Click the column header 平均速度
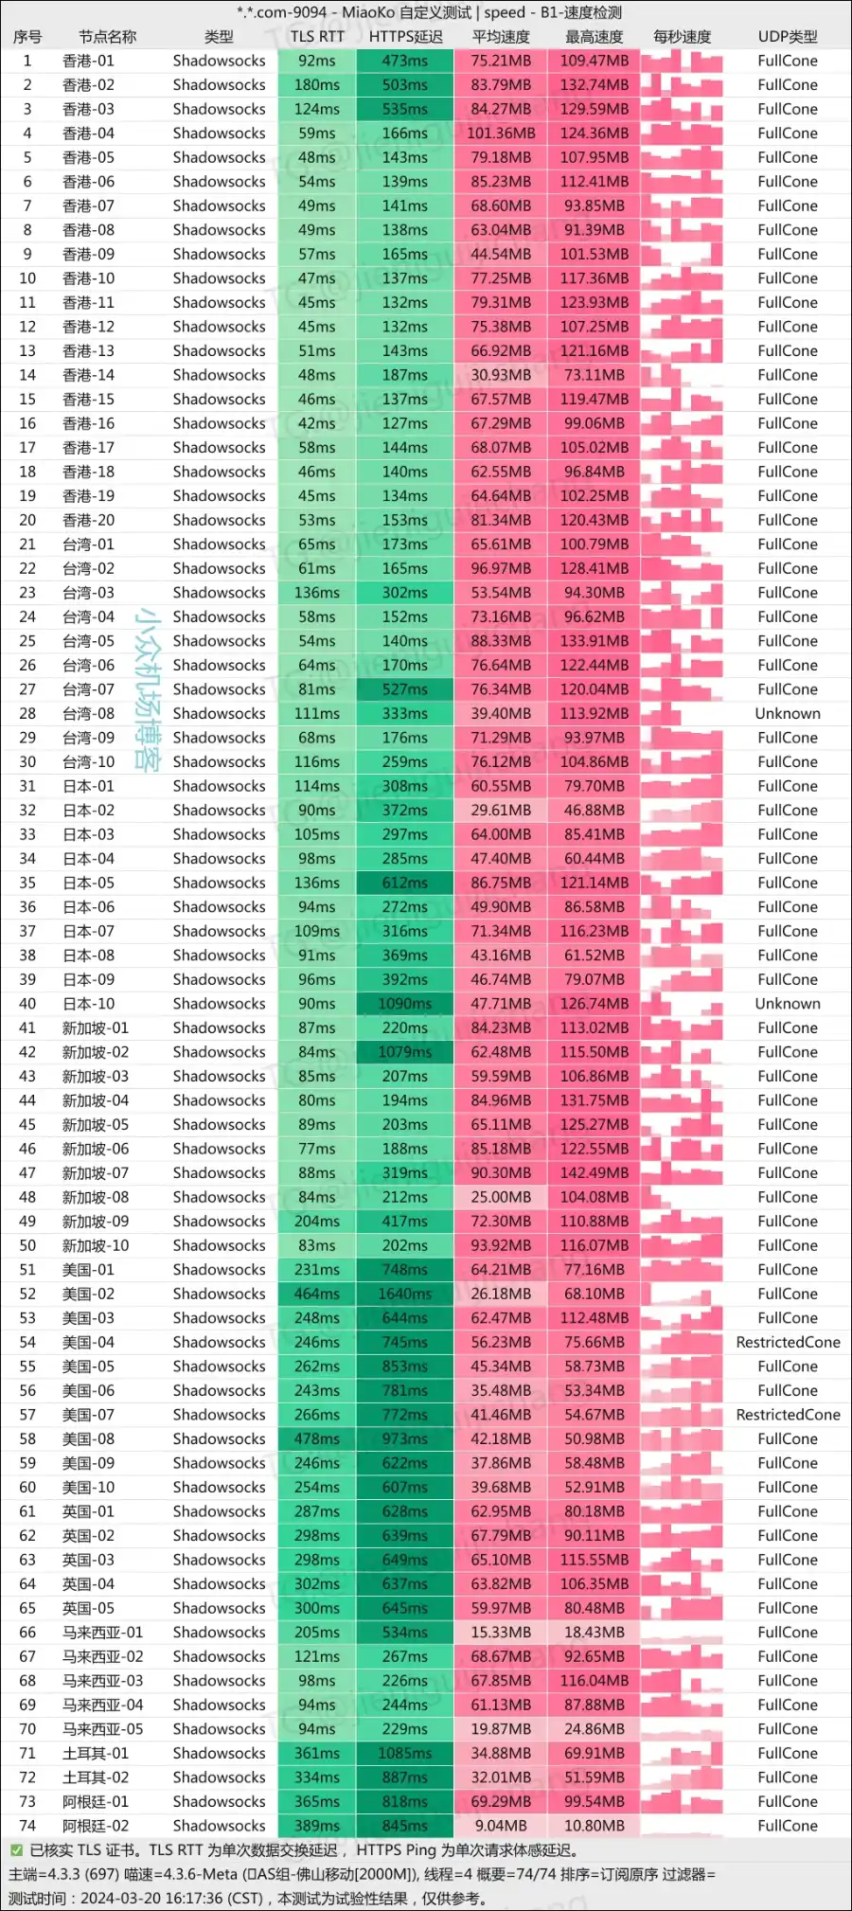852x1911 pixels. pyautogui.click(x=501, y=37)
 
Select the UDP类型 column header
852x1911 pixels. pyautogui.click(x=787, y=37)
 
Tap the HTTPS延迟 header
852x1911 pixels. pyautogui.click(x=405, y=37)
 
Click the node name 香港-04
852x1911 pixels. pyautogui.click(x=88, y=134)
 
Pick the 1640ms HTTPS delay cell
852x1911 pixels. pyautogui.click(x=405, y=1294)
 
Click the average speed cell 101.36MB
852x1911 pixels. pyautogui.click(x=501, y=134)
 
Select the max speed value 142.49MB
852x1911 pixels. pyautogui.click(x=595, y=1172)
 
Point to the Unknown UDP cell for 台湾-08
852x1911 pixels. pyautogui.click(x=787, y=713)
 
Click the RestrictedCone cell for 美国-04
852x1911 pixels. pyautogui.click(x=787, y=1342)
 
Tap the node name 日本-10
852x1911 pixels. pyautogui.click(x=88, y=1004)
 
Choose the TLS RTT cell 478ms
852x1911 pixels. pyautogui.click(x=317, y=1438)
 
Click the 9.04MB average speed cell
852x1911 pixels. pyautogui.click(x=501, y=1826)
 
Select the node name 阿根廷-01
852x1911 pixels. pyautogui.click(x=95, y=1801)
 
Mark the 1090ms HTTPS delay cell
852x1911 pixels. pyautogui.click(x=405, y=1004)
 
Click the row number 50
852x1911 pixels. pyautogui.click(x=27, y=1245)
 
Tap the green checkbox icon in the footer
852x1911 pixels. pyautogui.click(x=16, y=1849)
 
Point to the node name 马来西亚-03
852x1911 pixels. pyautogui.click(x=102, y=1680)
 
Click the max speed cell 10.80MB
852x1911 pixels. pyautogui.click(x=595, y=1826)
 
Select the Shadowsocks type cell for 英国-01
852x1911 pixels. pyautogui.click(x=219, y=1511)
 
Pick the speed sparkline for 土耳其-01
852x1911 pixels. pyautogui.click(x=682, y=1753)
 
